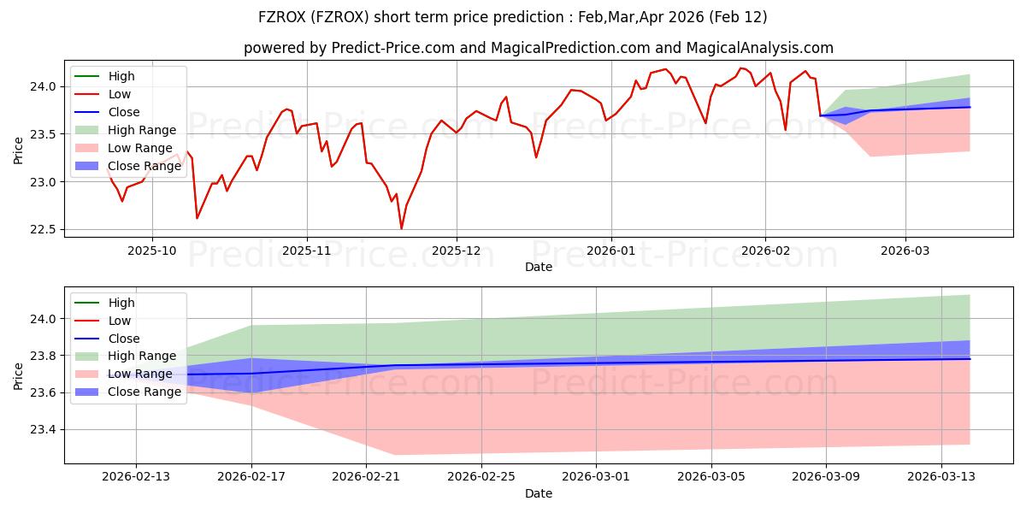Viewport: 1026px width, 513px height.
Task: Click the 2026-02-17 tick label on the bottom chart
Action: [251, 475]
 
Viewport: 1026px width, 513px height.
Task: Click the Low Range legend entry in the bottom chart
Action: [140, 374]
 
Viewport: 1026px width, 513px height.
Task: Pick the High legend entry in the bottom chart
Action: [121, 303]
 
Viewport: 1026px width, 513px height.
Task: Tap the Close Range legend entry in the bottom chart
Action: [144, 392]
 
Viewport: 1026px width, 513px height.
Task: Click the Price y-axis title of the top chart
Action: [19, 150]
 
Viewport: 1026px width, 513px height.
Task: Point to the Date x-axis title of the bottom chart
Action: [539, 493]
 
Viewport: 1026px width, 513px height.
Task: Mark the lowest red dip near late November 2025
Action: [401, 228]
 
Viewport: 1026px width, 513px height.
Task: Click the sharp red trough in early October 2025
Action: [198, 218]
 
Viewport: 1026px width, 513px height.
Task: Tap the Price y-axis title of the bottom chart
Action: [19, 377]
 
